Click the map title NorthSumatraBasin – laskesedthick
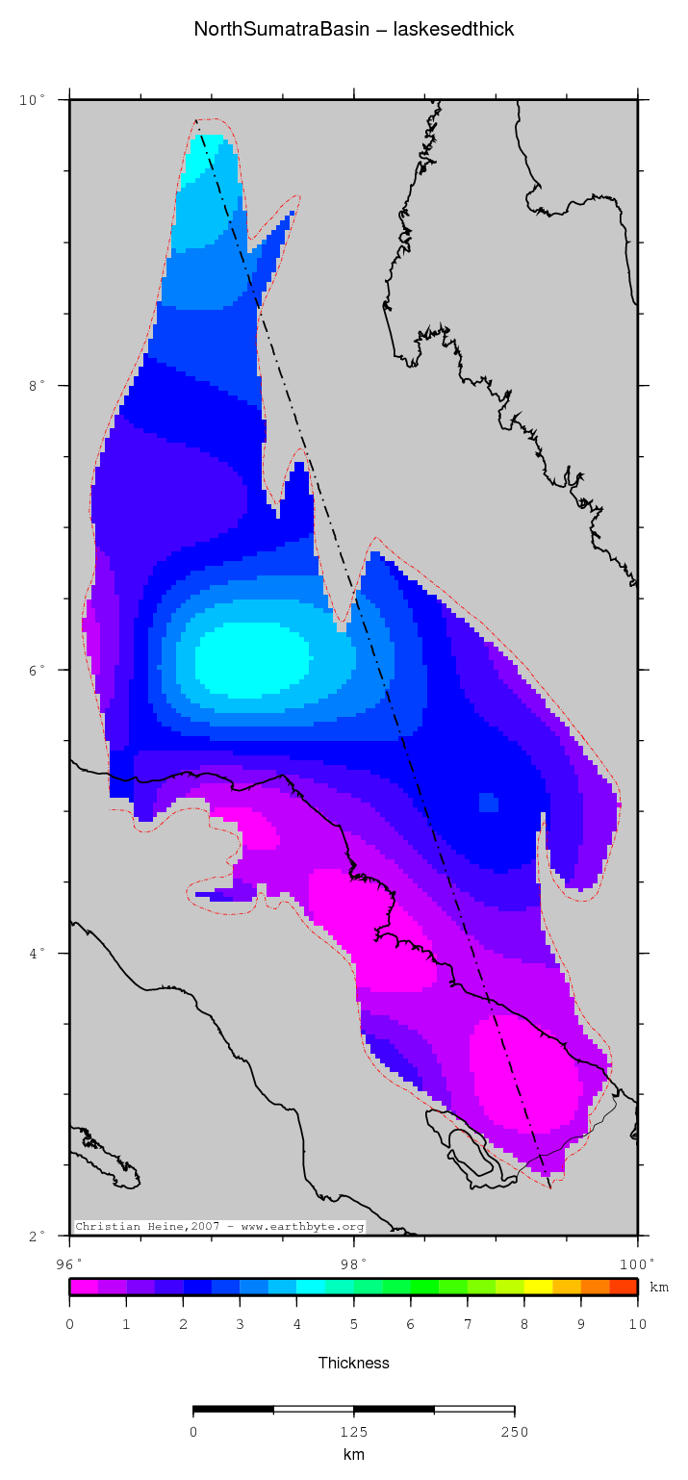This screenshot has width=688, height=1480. (354, 29)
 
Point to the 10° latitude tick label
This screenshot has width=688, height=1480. (35, 100)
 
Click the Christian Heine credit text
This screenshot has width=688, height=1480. (219, 1227)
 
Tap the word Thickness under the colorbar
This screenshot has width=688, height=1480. (354, 1363)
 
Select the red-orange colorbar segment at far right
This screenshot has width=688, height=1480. (624, 1287)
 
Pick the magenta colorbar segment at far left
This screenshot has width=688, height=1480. (84, 1287)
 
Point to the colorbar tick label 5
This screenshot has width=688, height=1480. (353, 1325)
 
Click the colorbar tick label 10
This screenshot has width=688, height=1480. (637, 1325)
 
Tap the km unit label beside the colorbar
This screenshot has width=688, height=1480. (659, 1288)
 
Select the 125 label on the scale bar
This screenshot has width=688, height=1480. (354, 1432)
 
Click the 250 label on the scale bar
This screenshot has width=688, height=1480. (514, 1432)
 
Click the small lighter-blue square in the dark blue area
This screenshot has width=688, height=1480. (488, 803)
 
